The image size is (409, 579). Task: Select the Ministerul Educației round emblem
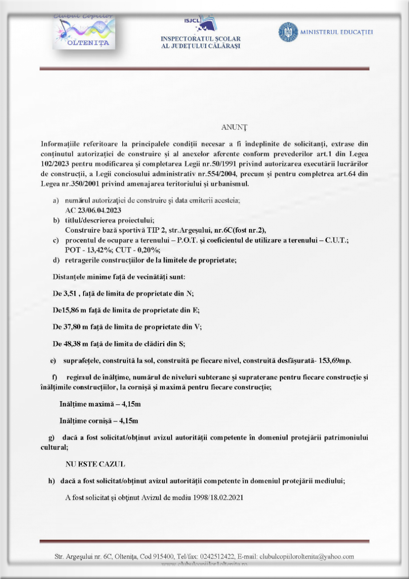(x=288, y=32)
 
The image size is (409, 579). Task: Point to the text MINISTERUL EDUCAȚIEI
(x=337, y=32)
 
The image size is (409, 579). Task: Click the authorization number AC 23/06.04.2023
(x=93, y=210)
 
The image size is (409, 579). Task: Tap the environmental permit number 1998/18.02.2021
(x=218, y=497)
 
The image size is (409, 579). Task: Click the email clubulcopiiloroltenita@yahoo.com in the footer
(x=306, y=556)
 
